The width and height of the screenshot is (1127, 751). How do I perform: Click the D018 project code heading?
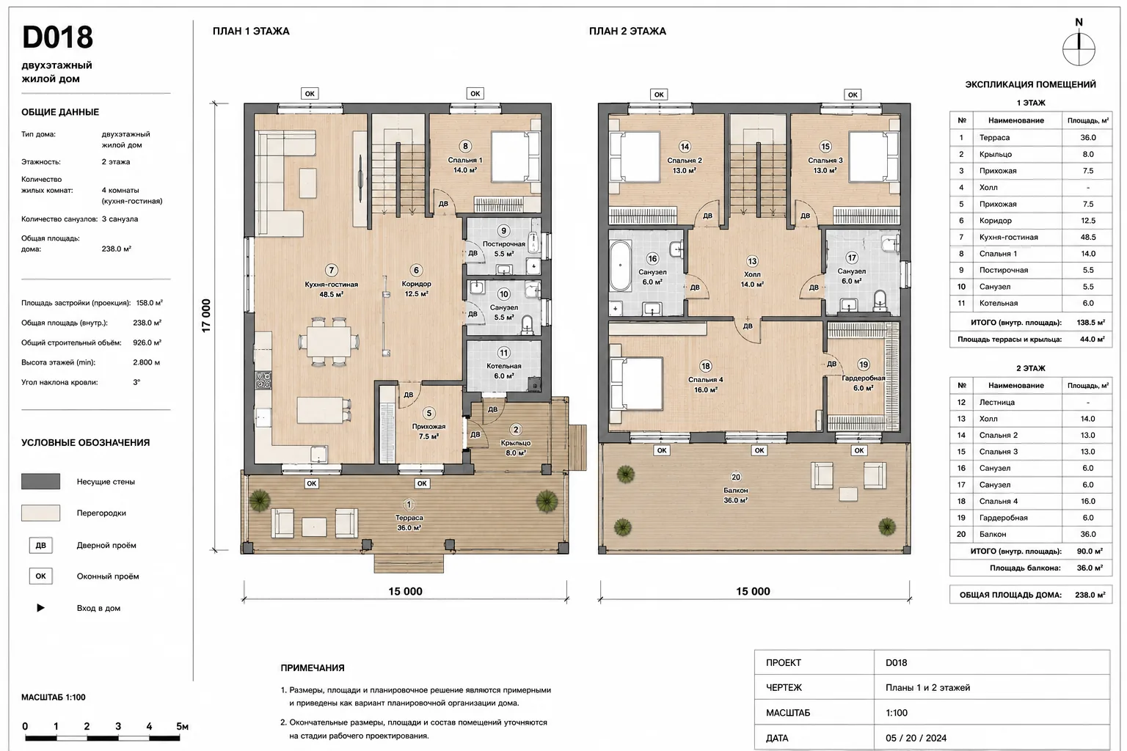(57, 37)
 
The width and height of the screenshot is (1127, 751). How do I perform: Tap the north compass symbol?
(1079, 49)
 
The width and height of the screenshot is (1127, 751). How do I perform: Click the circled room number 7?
(331, 270)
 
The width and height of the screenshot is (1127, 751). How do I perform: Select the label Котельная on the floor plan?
(503, 366)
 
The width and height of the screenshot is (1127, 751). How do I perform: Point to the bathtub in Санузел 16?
(620, 265)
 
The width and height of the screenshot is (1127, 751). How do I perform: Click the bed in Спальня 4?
(636, 384)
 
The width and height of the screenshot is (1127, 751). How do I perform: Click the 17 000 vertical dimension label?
(206, 315)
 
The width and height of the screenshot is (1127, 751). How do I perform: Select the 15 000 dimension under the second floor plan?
(753, 591)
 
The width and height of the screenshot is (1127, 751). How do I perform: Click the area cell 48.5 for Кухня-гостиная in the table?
(1088, 237)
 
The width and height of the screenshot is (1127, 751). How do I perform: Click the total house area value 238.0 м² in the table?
(1090, 595)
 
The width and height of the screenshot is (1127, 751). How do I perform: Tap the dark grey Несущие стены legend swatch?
(41, 481)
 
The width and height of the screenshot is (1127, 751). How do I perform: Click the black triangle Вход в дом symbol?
(41, 608)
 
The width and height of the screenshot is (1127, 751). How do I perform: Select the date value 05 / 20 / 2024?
(916, 738)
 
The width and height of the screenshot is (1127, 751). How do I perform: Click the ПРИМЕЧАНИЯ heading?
(313, 668)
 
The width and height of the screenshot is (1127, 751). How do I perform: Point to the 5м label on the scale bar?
(182, 726)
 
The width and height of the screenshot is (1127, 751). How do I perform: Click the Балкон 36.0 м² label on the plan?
(736, 495)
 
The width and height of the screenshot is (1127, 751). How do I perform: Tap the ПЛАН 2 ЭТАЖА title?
(627, 32)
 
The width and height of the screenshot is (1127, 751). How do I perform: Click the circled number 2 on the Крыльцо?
(515, 430)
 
